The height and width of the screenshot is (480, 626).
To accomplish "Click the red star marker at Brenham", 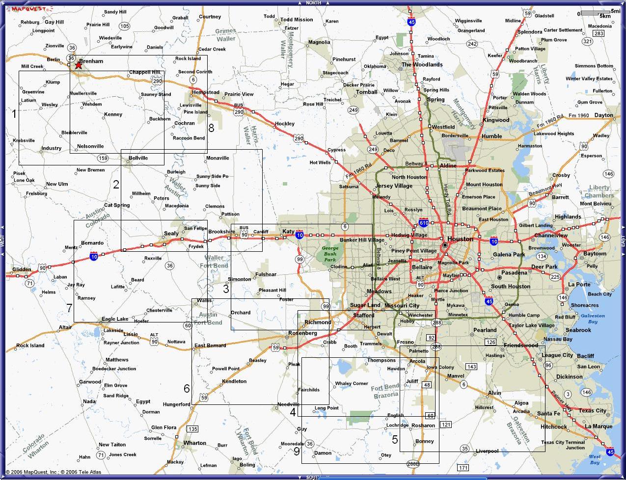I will [78, 65].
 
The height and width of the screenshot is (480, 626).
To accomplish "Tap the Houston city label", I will [460, 239].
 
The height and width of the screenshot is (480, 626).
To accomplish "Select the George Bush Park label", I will [330, 254].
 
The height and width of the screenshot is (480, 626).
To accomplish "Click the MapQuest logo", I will [30, 9].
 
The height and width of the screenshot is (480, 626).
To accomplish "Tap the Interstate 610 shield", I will [424, 223].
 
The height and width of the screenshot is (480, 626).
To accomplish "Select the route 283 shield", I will [598, 33].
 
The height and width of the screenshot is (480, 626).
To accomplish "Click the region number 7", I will [69, 308].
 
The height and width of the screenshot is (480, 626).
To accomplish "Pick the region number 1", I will [14, 114].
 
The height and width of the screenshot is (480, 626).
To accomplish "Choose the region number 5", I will [395, 439].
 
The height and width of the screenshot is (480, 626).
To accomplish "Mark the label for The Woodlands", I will [422, 64].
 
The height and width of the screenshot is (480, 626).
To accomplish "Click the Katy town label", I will [288, 231].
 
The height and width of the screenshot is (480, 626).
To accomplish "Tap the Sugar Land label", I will [365, 305].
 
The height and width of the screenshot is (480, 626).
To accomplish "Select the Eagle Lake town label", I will [115, 319].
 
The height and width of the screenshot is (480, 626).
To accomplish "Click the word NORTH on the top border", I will [313, 3].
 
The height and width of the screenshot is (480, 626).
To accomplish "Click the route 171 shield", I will [463, 467].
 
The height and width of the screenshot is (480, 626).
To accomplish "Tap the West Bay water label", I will [594, 459].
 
